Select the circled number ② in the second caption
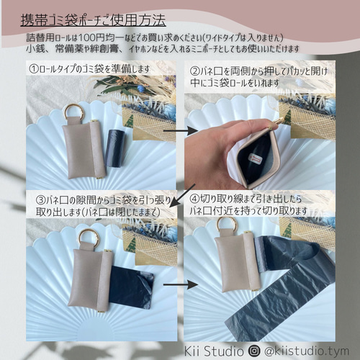click(x=195, y=72)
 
